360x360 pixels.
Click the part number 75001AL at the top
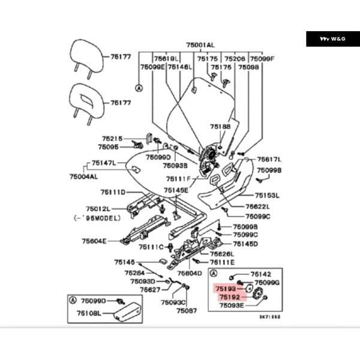(x=200, y=45)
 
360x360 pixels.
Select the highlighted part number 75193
(x=224, y=289)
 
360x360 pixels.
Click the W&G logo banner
(x=333, y=39)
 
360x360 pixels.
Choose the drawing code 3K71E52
(x=269, y=316)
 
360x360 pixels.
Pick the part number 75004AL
(x=83, y=177)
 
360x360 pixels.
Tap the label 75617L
(x=269, y=160)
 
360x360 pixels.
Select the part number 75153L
(x=267, y=195)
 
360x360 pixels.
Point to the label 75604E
(x=94, y=241)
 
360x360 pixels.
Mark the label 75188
(x=220, y=127)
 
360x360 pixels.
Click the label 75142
(x=261, y=273)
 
